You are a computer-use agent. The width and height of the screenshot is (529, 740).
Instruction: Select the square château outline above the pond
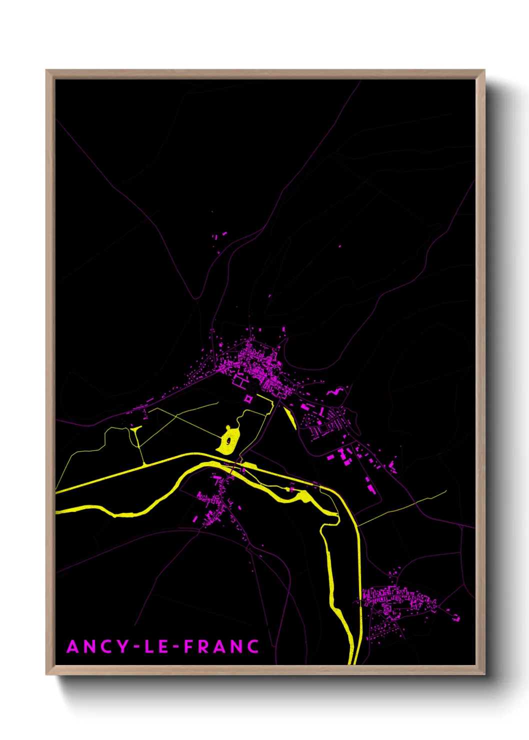pyautogui.click(x=248, y=398)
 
